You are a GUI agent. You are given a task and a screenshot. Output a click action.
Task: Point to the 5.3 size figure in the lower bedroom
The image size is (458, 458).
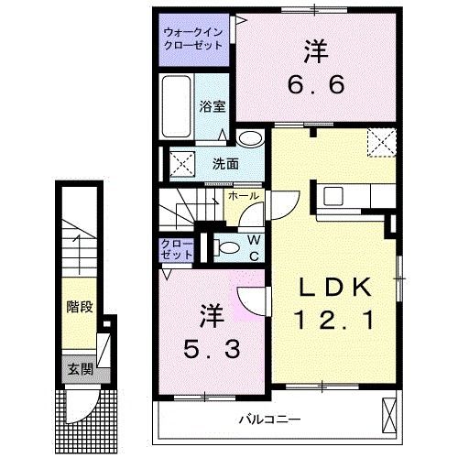click(212, 347)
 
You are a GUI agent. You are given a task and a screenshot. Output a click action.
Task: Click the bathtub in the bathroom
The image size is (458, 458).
click(178, 107)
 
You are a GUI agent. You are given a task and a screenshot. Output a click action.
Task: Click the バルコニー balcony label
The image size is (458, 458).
click(271, 419)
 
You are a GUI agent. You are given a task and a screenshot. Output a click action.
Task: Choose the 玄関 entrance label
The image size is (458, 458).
click(78, 369)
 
